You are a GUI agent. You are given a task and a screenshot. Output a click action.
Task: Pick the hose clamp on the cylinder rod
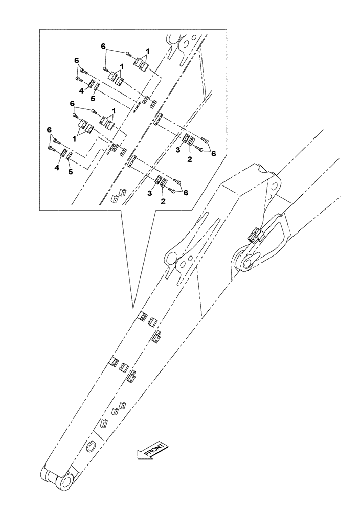click(255, 236)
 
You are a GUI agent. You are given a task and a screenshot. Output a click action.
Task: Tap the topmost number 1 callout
click(148, 51)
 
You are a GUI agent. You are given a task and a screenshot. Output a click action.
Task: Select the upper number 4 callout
click(81, 92)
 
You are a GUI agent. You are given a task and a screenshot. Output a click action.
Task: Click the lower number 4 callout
click(57, 167)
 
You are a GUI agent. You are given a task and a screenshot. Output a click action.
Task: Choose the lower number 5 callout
click(71, 172)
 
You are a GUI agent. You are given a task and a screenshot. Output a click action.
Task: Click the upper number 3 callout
click(177, 150)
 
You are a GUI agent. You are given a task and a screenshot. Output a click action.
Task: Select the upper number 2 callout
click(190, 158)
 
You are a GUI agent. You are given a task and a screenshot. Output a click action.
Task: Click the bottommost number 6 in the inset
click(185, 192)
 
